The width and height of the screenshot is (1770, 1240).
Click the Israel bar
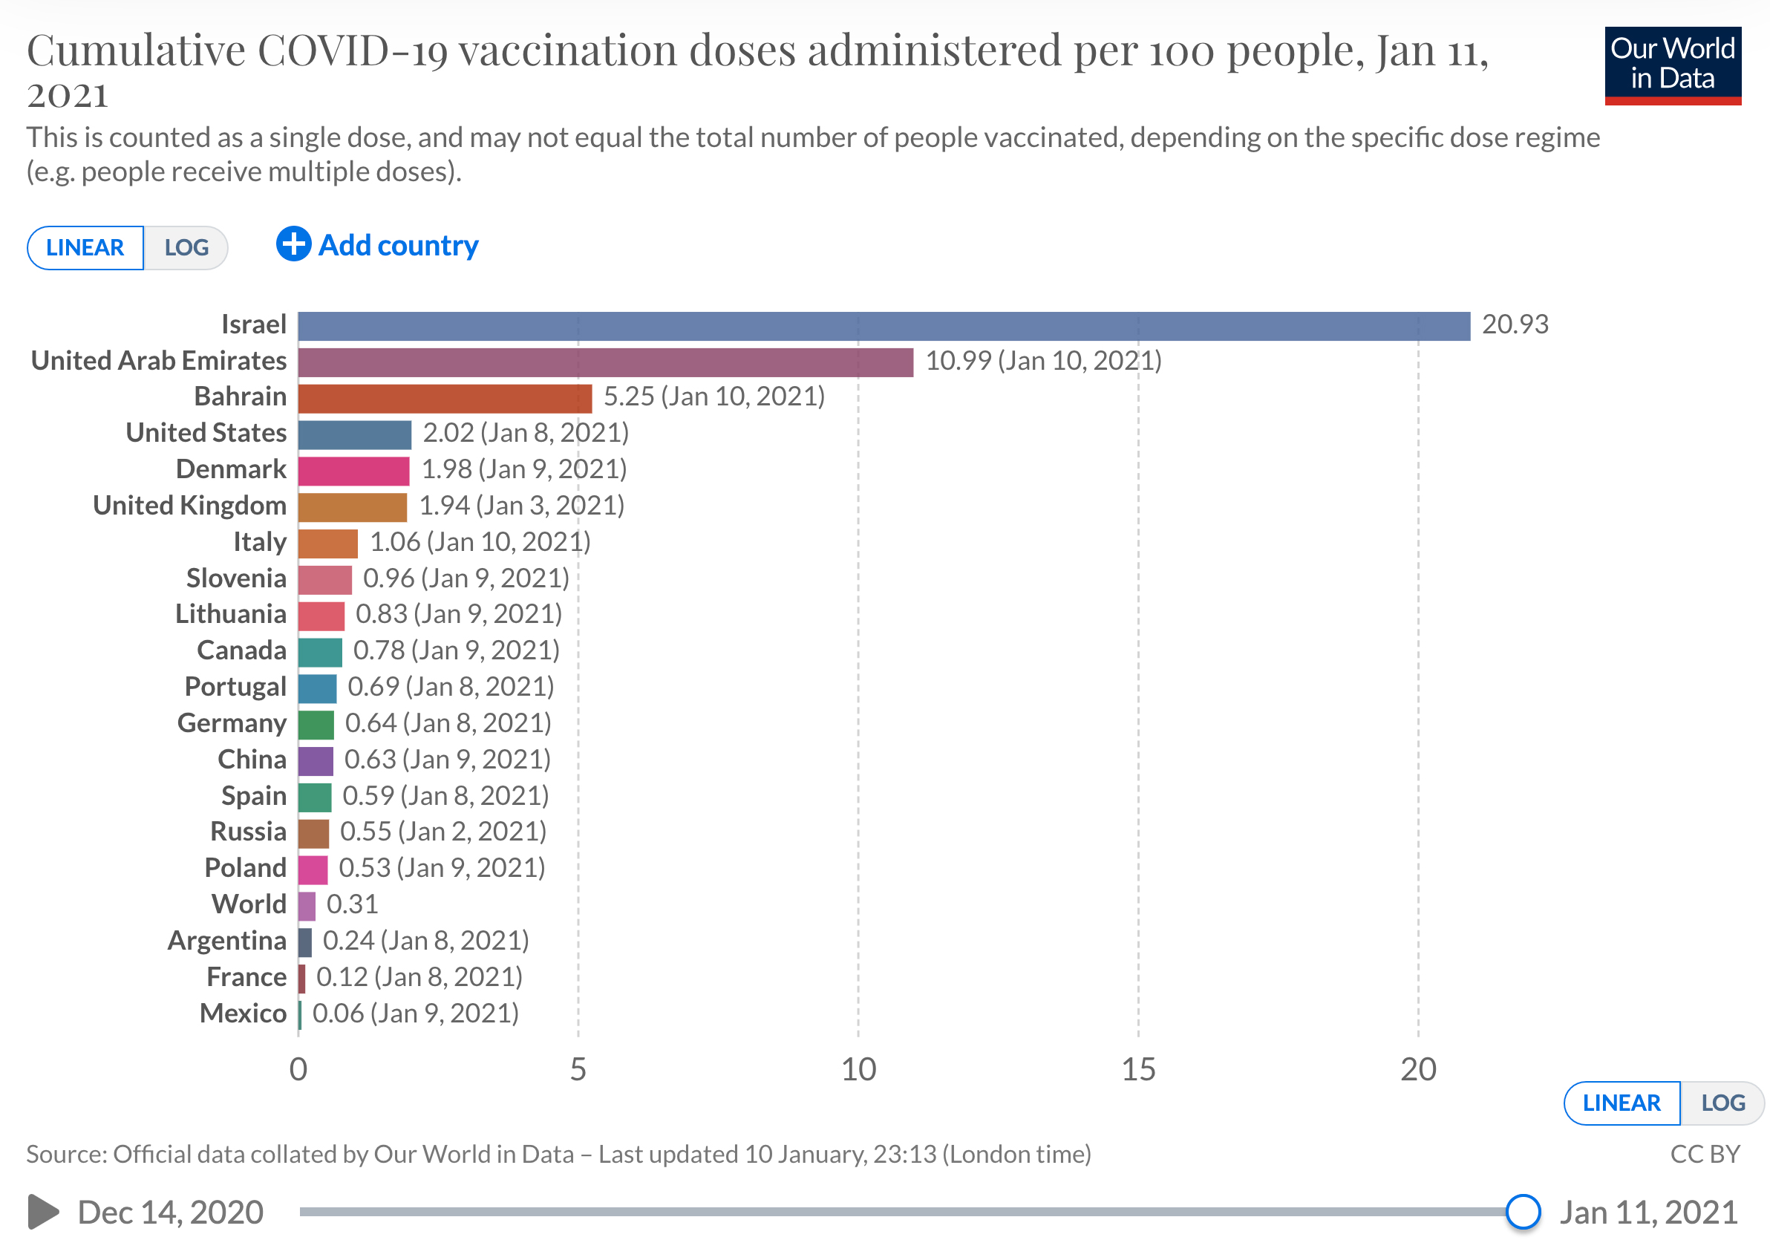point(884,325)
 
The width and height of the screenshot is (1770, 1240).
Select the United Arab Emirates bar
point(605,362)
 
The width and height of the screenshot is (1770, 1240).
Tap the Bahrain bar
point(445,398)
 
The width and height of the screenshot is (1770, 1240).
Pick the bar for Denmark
point(354,471)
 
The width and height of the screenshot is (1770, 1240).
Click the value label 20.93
point(1514,324)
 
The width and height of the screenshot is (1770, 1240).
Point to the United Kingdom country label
point(189,506)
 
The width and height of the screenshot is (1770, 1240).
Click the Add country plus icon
point(294,244)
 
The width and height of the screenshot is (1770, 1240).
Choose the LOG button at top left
point(186,247)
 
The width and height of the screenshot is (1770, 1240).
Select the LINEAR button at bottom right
point(1621,1103)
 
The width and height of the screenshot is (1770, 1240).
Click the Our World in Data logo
point(1672,65)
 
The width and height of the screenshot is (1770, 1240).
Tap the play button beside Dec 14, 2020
point(43,1212)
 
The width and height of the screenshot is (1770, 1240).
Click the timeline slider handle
point(1523,1212)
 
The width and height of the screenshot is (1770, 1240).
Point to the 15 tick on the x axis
point(1138,1069)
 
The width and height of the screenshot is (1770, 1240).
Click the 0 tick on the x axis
point(298,1069)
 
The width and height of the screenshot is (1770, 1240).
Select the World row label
point(249,904)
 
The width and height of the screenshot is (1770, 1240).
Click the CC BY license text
point(1705,1154)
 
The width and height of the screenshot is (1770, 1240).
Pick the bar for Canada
point(320,652)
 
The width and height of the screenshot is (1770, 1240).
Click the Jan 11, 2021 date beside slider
point(1648,1213)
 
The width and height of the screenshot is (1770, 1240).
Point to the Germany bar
point(316,724)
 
